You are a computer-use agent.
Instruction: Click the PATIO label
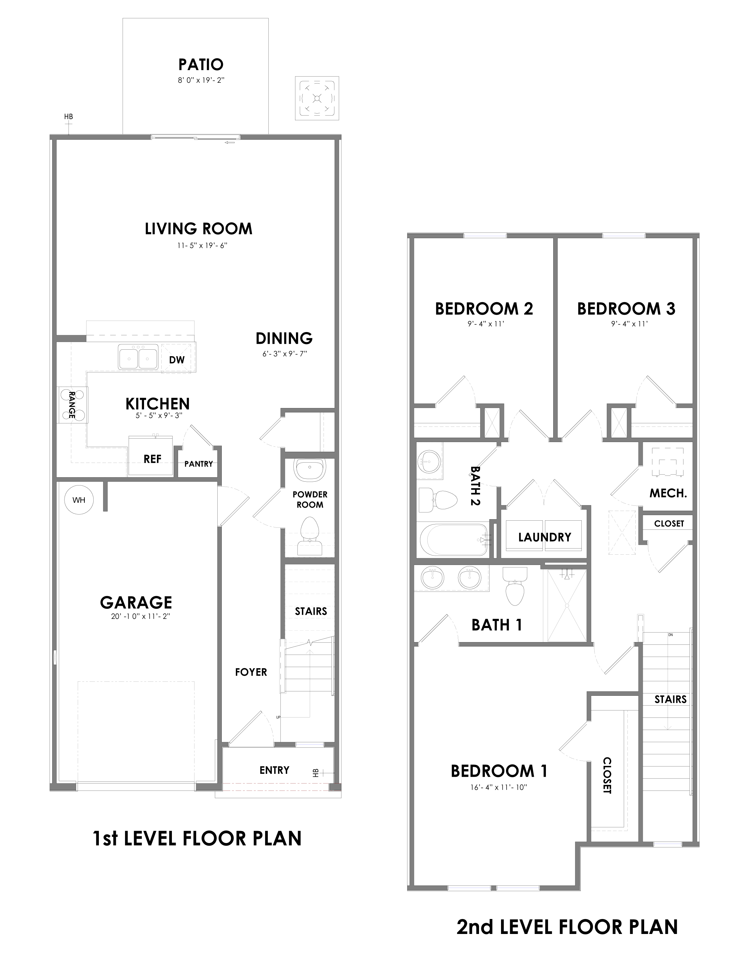tap(201, 65)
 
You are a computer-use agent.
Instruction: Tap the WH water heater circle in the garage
tap(79, 500)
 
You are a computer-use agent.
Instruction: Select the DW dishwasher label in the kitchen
tap(177, 359)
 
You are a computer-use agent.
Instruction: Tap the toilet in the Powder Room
tap(310, 535)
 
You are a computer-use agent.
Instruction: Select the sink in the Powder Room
tap(310, 470)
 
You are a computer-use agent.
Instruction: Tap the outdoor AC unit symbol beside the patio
tap(317, 98)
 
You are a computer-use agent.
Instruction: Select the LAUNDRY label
tap(545, 537)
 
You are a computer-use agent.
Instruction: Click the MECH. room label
tap(668, 493)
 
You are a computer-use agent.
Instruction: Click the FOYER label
tap(251, 672)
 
